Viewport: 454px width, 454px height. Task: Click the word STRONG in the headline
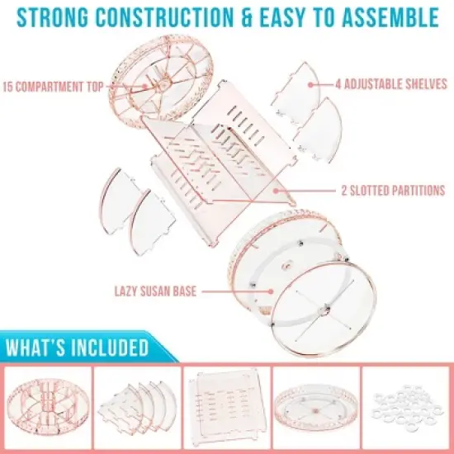click(x=53, y=17)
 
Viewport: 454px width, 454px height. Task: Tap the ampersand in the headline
click(x=247, y=17)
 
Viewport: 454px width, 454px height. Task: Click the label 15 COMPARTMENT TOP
click(x=53, y=87)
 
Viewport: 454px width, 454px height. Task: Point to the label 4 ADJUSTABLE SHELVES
click(x=391, y=84)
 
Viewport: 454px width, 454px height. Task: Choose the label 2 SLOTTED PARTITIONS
click(x=393, y=191)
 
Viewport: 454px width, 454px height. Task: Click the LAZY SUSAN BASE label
click(x=155, y=291)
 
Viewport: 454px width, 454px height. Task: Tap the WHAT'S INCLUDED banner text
click(x=77, y=347)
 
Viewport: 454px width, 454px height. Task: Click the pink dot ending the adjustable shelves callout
click(x=310, y=84)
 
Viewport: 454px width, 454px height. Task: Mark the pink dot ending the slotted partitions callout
click(x=276, y=191)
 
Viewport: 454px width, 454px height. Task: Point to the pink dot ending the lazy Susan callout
click(x=271, y=291)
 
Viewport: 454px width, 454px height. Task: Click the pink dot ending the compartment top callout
click(x=145, y=86)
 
